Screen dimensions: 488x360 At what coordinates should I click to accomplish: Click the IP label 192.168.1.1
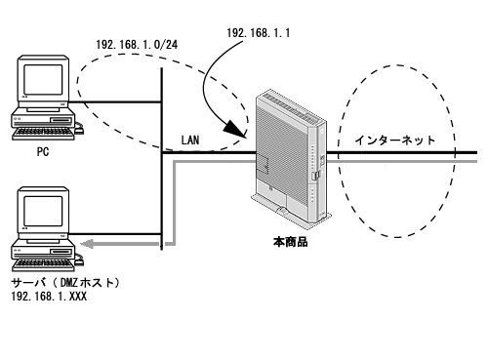coord(259,33)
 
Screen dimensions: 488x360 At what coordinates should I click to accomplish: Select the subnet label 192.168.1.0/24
coord(137,45)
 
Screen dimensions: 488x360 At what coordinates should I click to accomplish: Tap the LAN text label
coord(190,140)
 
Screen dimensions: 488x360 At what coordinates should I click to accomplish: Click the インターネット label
coord(395,140)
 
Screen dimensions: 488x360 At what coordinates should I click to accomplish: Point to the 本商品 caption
coord(290,242)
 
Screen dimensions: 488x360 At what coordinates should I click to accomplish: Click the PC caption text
coord(43,152)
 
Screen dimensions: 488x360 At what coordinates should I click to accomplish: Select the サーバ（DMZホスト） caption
coord(65,283)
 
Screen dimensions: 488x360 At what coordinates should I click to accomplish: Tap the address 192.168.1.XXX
coord(49,297)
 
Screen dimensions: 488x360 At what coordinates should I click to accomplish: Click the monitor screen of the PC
coord(43,80)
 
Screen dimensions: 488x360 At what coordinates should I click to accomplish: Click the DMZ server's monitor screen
coord(43,212)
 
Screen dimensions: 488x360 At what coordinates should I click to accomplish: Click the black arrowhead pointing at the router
coord(235,129)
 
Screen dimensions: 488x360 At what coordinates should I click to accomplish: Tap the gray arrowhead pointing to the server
coord(87,244)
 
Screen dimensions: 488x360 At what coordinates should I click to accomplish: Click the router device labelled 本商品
coord(291,157)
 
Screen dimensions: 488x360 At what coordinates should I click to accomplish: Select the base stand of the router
coord(291,212)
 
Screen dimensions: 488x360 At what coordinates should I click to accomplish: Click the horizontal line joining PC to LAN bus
coord(115,102)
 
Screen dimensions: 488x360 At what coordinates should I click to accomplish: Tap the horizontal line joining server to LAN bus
coord(115,234)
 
